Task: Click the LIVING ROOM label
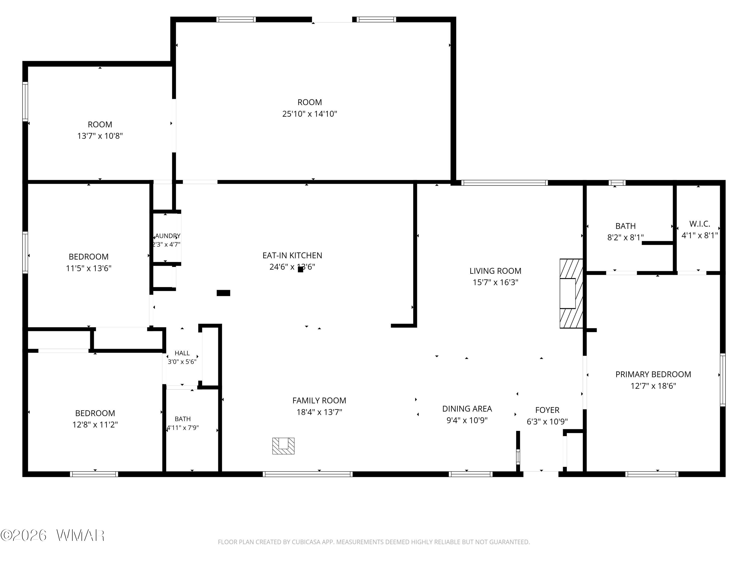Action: [495, 271]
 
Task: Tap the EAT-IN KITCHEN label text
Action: [292, 255]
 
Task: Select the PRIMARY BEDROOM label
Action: [653, 374]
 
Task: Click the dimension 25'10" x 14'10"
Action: [310, 114]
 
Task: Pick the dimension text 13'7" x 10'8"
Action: [100, 136]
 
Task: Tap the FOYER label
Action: [547, 410]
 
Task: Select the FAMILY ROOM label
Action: [319, 401]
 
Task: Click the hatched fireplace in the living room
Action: [571, 293]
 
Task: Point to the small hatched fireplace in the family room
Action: [283, 446]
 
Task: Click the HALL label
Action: [182, 353]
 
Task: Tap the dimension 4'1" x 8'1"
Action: [700, 235]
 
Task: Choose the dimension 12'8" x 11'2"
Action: [95, 425]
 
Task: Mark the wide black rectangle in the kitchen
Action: [223, 293]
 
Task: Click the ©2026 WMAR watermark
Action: [52, 535]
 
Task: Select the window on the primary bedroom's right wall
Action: [723, 379]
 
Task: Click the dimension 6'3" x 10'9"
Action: [547, 422]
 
